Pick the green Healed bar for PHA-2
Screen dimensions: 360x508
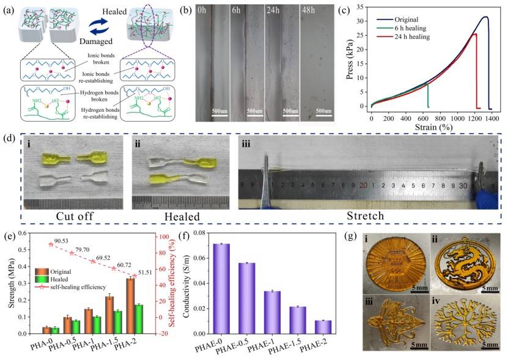139,318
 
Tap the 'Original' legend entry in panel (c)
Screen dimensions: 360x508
410,19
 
